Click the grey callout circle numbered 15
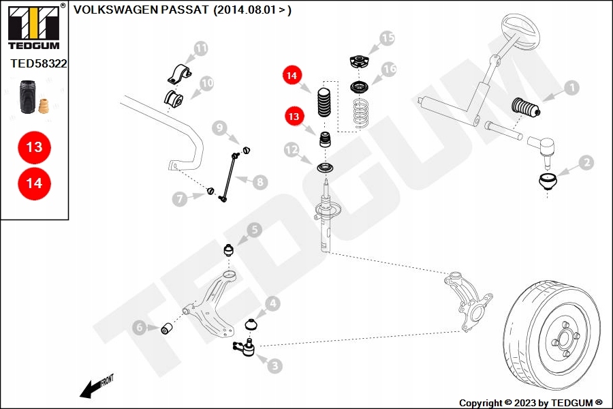click(x=387, y=38)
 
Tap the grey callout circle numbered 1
click(x=571, y=87)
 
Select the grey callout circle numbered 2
click(x=586, y=162)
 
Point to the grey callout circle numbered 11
click(x=200, y=48)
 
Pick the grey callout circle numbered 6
click(x=139, y=328)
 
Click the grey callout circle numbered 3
click(x=274, y=366)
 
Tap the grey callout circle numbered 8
click(x=260, y=182)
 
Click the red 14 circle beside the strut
click(x=292, y=76)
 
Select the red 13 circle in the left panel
click(x=34, y=147)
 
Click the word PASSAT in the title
click(x=186, y=10)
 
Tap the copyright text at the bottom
click(x=531, y=403)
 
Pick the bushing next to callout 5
click(x=230, y=250)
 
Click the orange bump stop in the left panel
click(x=45, y=107)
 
